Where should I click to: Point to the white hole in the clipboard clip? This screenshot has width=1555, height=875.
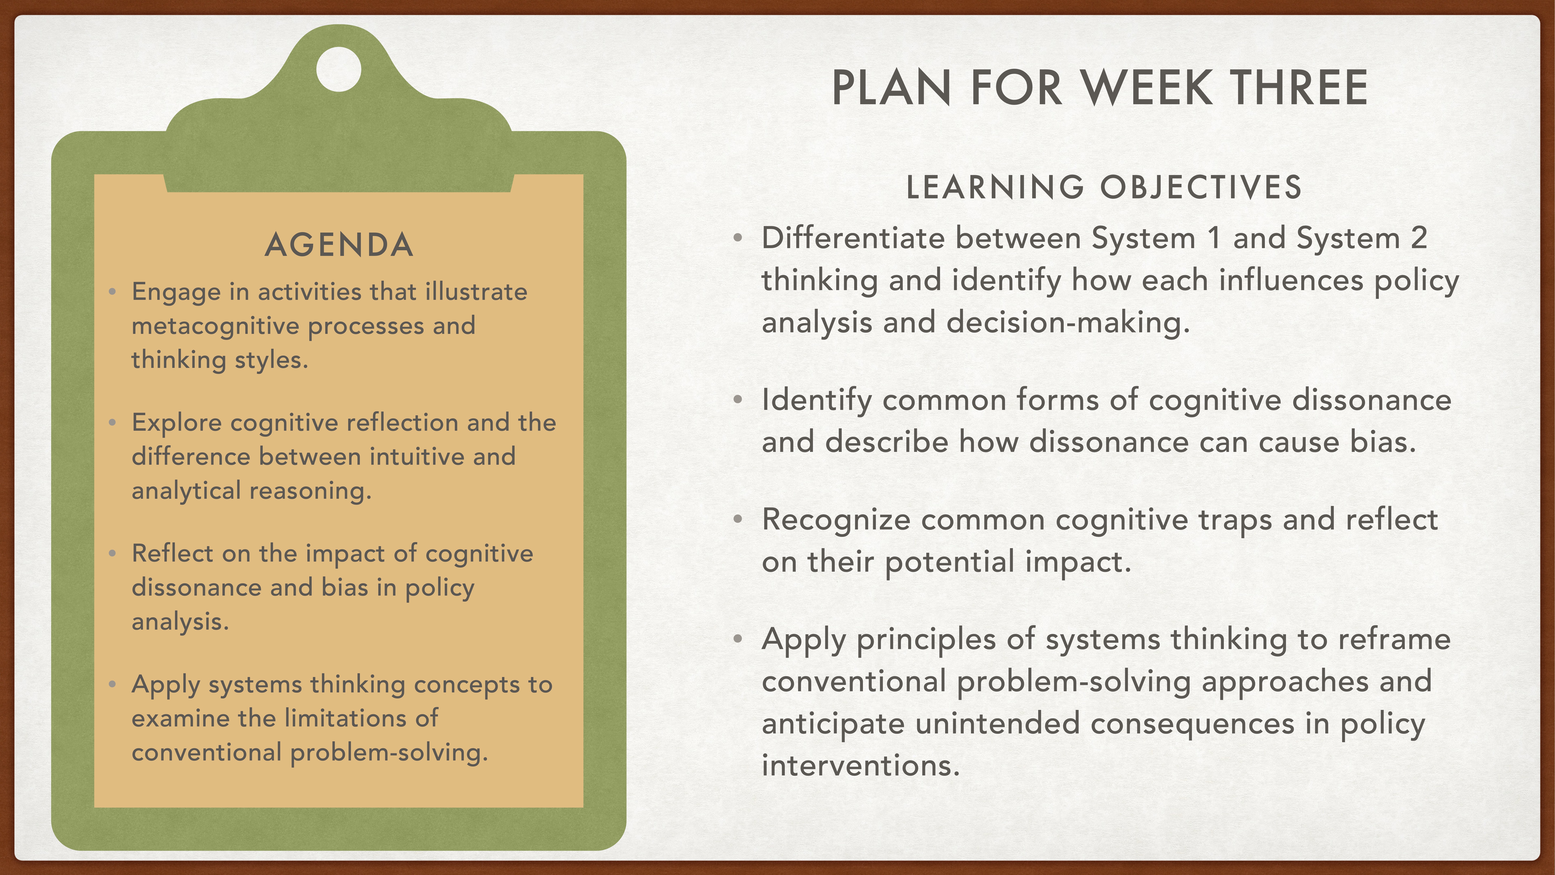point(339,69)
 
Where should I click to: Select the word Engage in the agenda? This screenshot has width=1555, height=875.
point(176,292)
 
